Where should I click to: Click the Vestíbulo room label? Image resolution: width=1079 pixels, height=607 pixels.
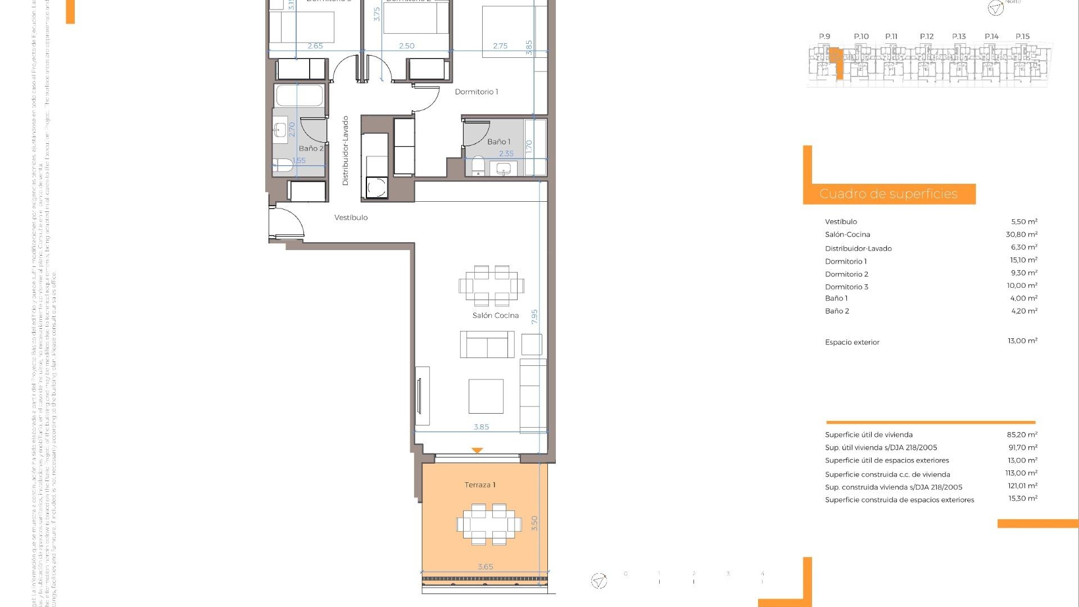point(351,218)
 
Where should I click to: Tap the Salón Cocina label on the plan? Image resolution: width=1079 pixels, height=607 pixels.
point(495,315)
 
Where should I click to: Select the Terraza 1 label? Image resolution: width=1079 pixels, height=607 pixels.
point(480,485)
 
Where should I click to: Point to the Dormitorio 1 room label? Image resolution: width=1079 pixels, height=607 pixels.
point(477,92)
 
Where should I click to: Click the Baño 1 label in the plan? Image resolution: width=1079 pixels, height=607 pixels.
point(498,142)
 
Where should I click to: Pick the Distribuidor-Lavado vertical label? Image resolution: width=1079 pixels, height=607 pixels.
point(346,151)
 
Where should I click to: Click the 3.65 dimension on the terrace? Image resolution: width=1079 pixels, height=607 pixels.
point(485,567)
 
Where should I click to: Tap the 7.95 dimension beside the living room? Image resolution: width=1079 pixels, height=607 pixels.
point(534,316)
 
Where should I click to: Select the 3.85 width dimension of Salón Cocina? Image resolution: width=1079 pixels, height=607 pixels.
point(481,427)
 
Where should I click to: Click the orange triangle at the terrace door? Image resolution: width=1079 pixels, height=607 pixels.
point(477,450)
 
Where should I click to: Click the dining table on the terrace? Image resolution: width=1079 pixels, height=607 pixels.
point(489,524)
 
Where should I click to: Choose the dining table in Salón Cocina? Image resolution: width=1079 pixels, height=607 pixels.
point(491,286)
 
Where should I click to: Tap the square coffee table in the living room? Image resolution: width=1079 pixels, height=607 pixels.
point(486,396)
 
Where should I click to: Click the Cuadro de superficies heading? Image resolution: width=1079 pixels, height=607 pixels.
point(888,194)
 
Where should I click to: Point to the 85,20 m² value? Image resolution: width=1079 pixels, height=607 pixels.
point(1022,434)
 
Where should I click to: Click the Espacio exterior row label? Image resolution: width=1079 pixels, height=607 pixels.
point(852,342)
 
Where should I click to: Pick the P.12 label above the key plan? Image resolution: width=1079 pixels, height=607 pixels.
point(927,37)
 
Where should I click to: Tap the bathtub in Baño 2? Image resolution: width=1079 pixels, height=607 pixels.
point(300,95)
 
